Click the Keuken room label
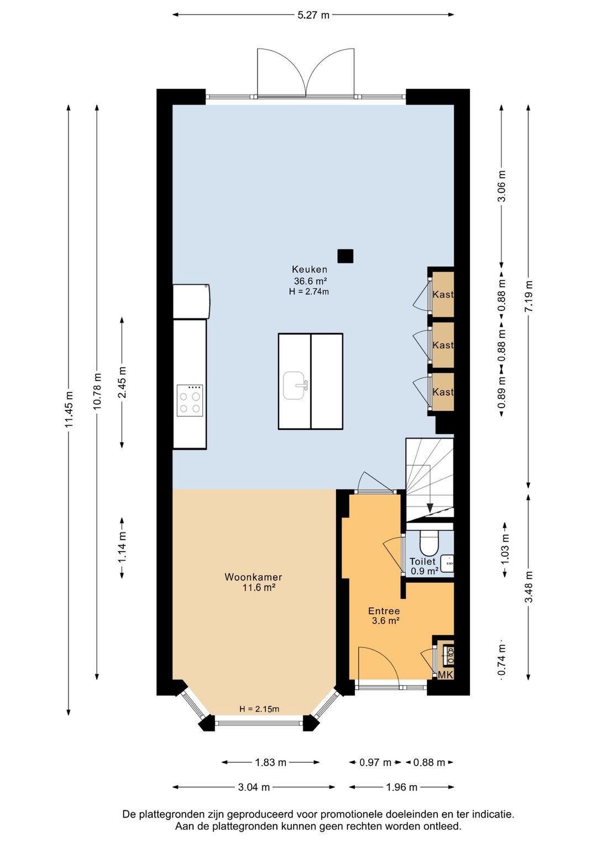pos(309,270)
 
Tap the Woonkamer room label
pos(253,577)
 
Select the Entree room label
pos(384,611)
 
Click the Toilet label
pos(422,561)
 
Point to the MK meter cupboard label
pos(445,675)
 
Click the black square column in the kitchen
pos(345,256)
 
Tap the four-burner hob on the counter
pos(190,401)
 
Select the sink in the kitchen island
pos(295,386)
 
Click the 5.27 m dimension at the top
pos(313,15)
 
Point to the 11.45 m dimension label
pos(69,409)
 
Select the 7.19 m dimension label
pos(529,296)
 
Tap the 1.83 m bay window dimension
pos(270,763)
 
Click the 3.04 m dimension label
pos(254,787)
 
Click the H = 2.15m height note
pos(259,709)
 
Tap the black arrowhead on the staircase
pos(430,508)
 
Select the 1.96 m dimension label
pos(401,787)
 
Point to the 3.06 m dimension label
pos(501,186)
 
